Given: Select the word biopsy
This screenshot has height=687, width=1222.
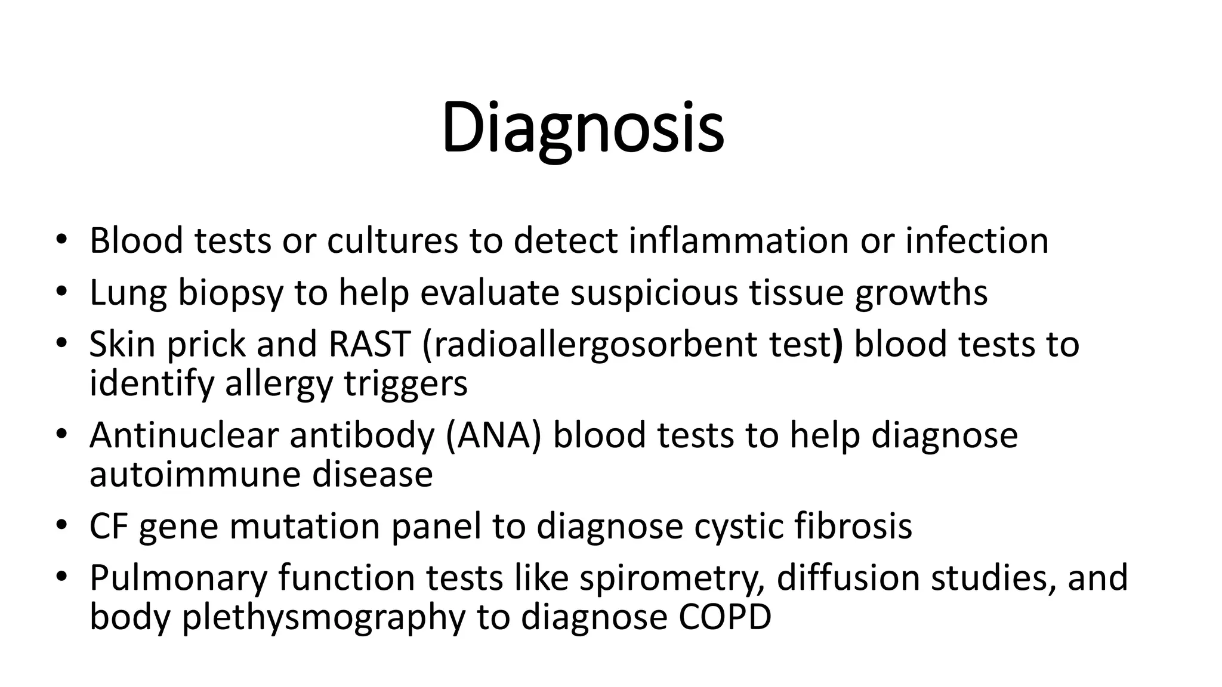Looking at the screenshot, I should (x=230, y=293).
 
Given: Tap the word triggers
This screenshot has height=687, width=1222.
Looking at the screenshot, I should (x=406, y=383).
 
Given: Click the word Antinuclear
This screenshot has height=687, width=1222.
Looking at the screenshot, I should (x=184, y=435).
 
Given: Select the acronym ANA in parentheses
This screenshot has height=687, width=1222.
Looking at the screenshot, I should (x=493, y=435).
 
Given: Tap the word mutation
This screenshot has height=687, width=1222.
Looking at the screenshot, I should (x=304, y=527).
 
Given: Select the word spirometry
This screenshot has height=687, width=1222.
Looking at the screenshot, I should (x=672, y=578).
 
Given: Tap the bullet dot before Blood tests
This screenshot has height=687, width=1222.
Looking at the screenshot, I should (x=61, y=241).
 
